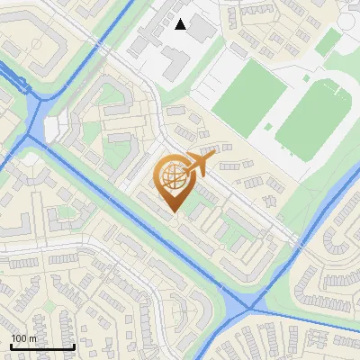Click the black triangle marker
point(181,24)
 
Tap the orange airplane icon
point(199,164)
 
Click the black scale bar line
point(41,347)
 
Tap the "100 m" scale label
point(23,338)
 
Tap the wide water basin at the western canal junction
point(33,121)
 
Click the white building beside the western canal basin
point(56,128)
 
